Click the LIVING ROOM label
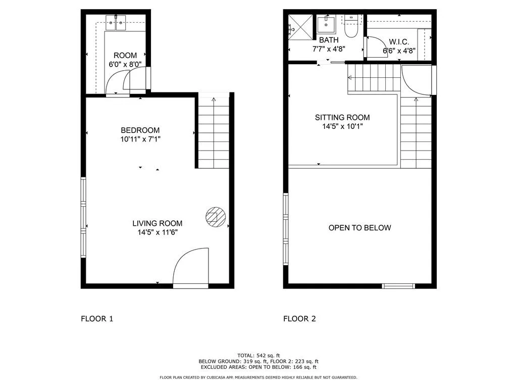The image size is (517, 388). (157, 223)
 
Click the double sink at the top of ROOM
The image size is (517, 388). (116, 23)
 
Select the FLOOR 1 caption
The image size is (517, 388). (97, 319)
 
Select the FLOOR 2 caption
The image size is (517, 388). (299, 319)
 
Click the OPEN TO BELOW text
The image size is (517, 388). (359, 228)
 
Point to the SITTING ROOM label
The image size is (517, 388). (342, 118)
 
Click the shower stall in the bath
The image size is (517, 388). (300, 27)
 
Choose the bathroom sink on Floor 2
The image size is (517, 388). (327, 24)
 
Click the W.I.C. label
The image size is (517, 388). (398, 42)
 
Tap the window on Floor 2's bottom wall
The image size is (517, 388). (398, 286)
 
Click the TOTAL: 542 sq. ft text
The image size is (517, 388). (258, 355)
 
